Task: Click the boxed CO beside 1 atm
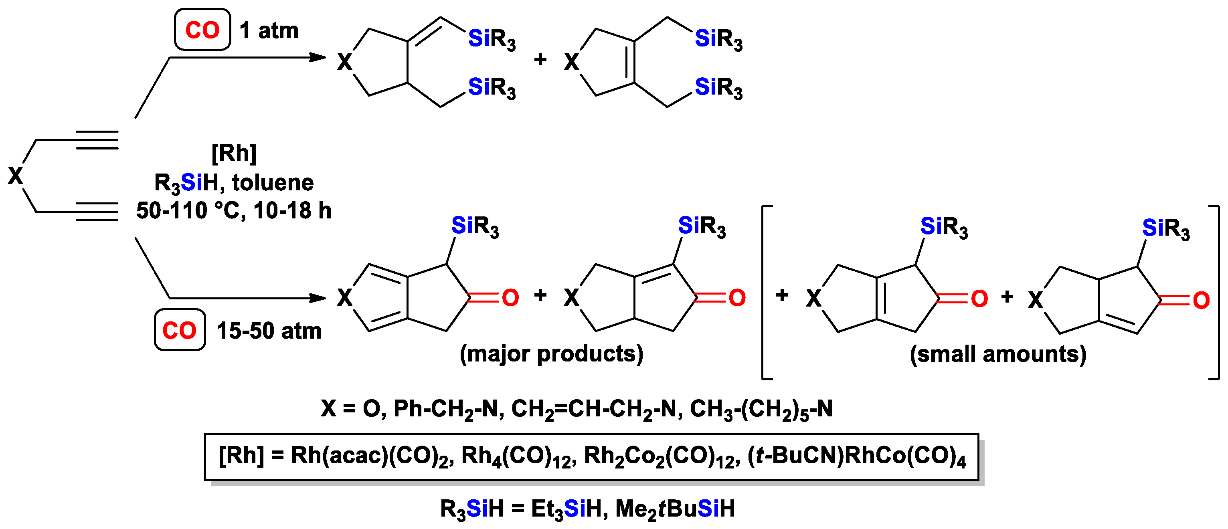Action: click(202, 30)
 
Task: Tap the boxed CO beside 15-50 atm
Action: click(179, 330)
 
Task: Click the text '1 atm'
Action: click(269, 30)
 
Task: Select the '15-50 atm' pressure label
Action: click(269, 330)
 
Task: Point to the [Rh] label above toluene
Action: click(234, 153)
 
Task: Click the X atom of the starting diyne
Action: click(15, 176)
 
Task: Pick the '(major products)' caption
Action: click(551, 353)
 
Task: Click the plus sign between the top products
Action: click(540, 60)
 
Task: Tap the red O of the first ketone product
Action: click(510, 298)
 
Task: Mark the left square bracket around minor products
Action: click(764, 292)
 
